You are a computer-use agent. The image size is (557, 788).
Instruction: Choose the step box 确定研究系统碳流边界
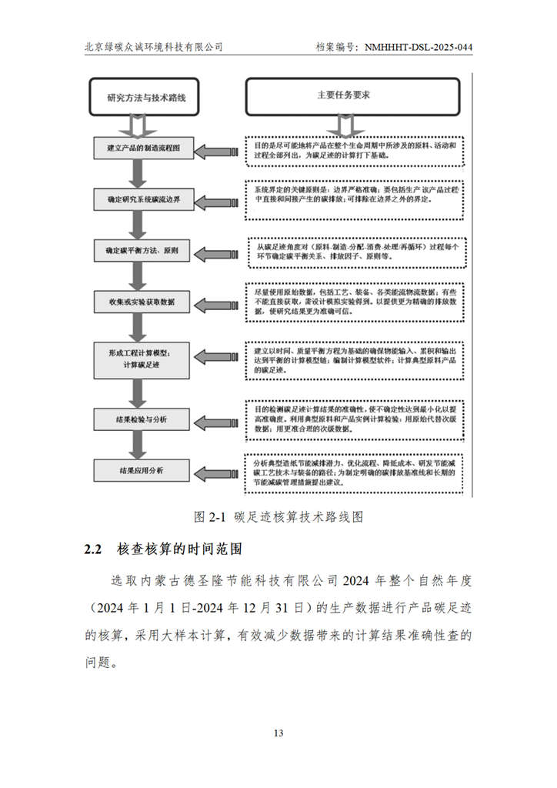click(144, 200)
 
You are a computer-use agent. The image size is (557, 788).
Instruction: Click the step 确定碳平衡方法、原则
click(144, 252)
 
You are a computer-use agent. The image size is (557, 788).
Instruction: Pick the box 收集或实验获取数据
click(144, 302)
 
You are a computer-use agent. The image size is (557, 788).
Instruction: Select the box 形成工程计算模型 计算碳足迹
click(144, 359)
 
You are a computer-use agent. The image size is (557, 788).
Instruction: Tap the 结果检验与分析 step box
click(144, 419)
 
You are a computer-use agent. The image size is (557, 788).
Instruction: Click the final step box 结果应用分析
click(144, 470)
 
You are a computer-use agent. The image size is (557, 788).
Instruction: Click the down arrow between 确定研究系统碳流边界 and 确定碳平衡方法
click(138, 225)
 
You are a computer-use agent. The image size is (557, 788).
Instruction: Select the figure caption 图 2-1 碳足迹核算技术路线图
click(278, 516)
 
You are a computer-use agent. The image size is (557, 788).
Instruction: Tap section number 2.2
click(93, 550)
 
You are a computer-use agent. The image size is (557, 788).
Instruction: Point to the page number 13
click(278, 732)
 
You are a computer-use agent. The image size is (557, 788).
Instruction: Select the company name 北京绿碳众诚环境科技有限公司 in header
click(154, 47)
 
